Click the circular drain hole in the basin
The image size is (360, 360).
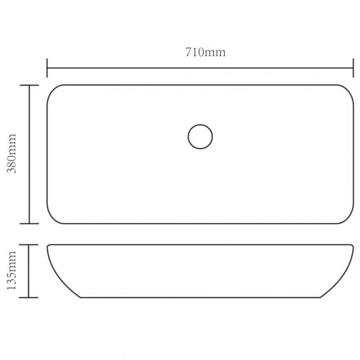(x=200, y=135)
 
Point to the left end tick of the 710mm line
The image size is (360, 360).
(x=48, y=69)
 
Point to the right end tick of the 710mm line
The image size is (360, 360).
(x=354, y=69)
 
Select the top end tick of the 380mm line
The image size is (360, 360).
(x=30, y=85)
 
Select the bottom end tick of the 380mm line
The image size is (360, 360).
(x=30, y=224)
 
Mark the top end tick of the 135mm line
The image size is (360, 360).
(x=30, y=245)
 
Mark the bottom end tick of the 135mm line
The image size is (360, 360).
(x=30, y=297)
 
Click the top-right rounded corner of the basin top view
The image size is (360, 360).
(x=348, y=90)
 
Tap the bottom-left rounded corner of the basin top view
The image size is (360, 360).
(x=53, y=219)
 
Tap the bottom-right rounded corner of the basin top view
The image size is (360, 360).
(x=347, y=219)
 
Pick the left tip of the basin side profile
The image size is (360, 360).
(x=48, y=246)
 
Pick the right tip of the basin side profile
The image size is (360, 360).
(x=353, y=246)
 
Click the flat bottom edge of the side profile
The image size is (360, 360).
(x=200, y=297)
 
